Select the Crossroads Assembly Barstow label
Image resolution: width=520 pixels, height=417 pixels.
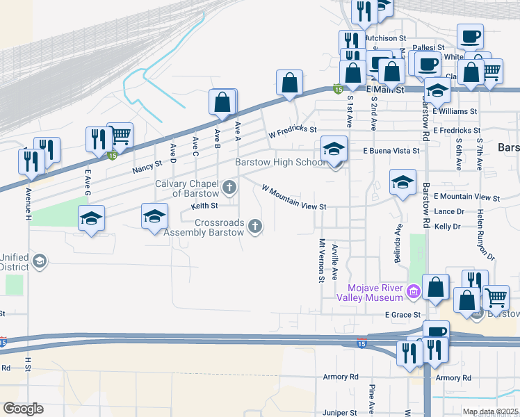click(209, 227)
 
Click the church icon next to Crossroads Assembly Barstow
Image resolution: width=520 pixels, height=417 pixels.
click(256, 225)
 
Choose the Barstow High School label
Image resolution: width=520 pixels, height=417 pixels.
click(279, 163)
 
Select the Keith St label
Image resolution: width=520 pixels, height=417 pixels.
click(204, 206)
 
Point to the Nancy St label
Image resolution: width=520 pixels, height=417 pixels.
click(147, 167)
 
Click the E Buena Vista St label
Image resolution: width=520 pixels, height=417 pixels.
click(391, 150)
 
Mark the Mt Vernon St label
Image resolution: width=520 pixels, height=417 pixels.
click(322, 261)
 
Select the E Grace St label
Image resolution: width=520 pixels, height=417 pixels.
click(404, 315)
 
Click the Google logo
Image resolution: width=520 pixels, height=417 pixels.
click(23, 409)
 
